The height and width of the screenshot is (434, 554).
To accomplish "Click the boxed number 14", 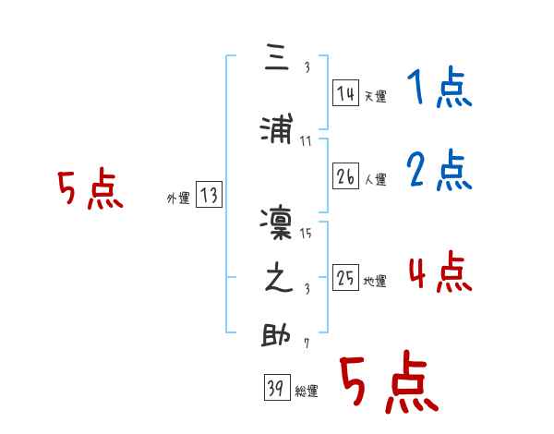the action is (x=346, y=93).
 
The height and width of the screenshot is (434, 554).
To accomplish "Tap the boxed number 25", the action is (x=346, y=278).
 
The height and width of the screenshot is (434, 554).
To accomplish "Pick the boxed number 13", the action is (x=209, y=195).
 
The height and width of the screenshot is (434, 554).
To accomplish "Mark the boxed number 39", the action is (x=276, y=389).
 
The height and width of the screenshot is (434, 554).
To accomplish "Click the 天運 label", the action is (x=376, y=96).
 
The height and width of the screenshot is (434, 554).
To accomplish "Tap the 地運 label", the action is (x=376, y=281).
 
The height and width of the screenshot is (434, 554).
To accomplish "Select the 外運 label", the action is (x=178, y=198).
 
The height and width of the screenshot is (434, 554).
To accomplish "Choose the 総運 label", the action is (x=307, y=392).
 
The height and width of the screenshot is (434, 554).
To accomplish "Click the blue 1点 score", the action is (x=439, y=90).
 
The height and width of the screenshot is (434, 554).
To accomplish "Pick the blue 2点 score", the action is (x=439, y=172).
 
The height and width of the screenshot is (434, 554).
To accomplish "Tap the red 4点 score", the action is (x=439, y=273).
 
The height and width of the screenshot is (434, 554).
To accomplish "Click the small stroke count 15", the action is (x=306, y=234).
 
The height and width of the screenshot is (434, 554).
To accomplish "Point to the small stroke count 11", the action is (x=306, y=140).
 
